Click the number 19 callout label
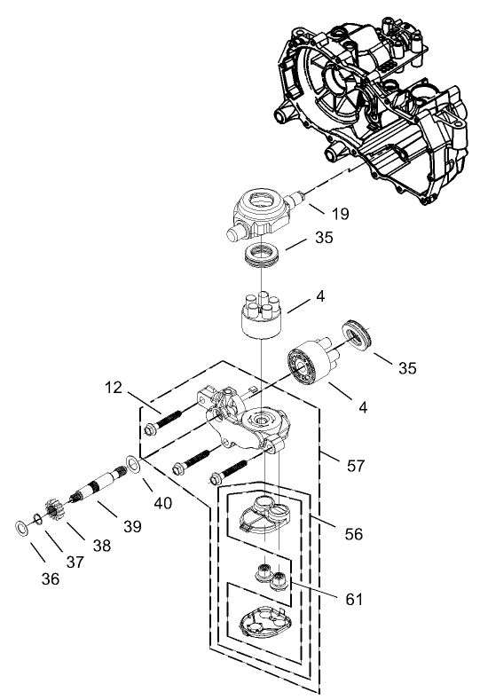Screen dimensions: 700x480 click(x=340, y=214)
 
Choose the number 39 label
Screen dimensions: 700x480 click(x=132, y=527)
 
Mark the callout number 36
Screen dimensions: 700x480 click(x=51, y=578)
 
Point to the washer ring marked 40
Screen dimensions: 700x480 click(x=132, y=464)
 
